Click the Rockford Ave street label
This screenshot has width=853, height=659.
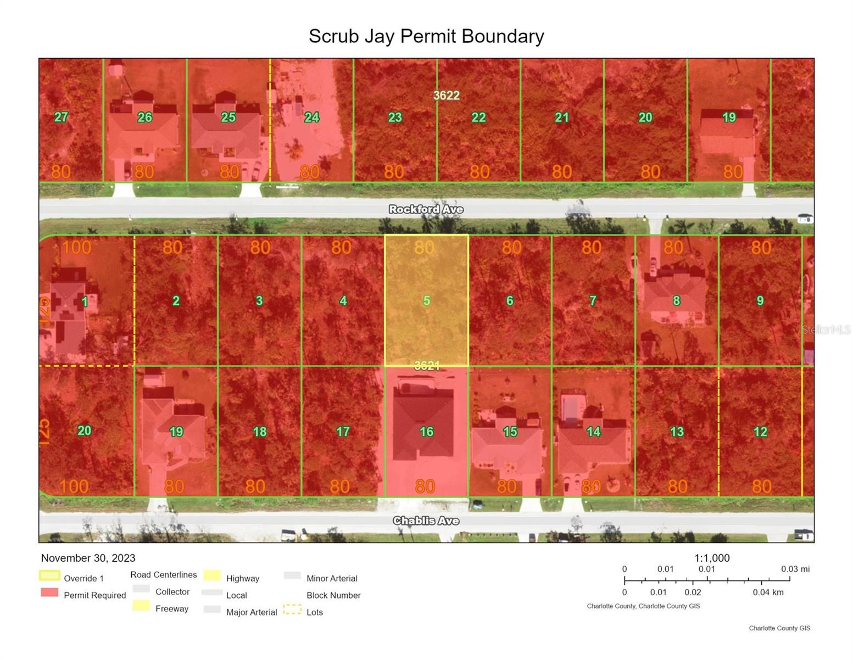click(x=426, y=209)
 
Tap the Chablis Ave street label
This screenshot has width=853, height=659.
click(x=426, y=521)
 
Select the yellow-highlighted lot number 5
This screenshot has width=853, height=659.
click(x=426, y=300)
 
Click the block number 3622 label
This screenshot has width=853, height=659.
click(x=446, y=96)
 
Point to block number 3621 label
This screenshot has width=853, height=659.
click(x=427, y=366)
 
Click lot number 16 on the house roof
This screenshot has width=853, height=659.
click(x=426, y=432)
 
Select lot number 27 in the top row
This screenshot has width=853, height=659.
click(x=61, y=117)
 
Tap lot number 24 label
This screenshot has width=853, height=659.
click(x=311, y=117)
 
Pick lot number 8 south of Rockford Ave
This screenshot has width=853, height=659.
click(x=676, y=300)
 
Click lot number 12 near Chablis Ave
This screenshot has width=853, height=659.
click(x=760, y=432)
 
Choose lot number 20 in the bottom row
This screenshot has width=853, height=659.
click(x=84, y=431)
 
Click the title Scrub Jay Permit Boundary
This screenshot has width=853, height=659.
click(x=426, y=36)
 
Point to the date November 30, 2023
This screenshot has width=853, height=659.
click(x=88, y=558)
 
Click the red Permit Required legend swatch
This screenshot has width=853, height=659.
click(x=49, y=593)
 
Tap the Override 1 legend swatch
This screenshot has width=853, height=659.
click(x=49, y=576)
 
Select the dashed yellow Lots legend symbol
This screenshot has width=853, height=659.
click(x=292, y=610)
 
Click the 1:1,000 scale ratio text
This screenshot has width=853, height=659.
click(x=712, y=558)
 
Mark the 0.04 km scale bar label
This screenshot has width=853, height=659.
click(x=768, y=592)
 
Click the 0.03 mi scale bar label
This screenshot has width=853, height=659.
click(x=795, y=569)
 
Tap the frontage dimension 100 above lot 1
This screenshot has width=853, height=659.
click(x=76, y=247)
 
